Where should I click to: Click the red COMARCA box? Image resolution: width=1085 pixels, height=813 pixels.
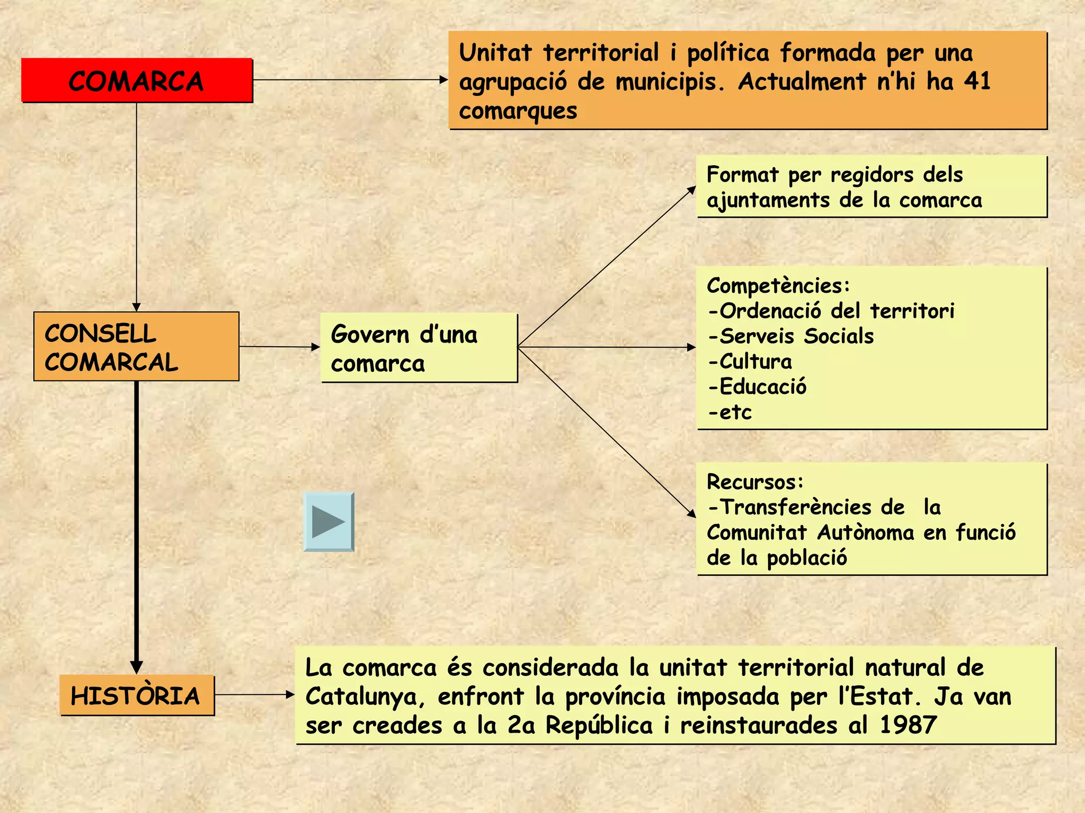[137, 80]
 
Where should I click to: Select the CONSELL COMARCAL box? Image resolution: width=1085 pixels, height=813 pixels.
[136, 347]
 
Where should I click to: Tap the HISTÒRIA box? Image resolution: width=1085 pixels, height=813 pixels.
[137, 695]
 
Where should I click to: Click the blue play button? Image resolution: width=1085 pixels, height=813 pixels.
[328, 522]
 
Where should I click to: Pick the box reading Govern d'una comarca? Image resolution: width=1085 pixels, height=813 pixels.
[419, 348]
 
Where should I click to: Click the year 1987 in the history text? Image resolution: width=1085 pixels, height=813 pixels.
[908, 725]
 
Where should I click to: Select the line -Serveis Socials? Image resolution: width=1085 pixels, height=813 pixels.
[790, 336]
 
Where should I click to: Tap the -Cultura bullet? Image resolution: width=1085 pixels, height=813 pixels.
[750, 362]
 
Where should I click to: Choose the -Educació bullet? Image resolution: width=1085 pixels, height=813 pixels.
[757, 386]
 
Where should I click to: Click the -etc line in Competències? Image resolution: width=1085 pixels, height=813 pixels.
[730, 412]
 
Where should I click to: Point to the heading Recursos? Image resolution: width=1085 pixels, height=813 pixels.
[755, 482]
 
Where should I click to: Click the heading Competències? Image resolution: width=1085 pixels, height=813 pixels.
[778, 285]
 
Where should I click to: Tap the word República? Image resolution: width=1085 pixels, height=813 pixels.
[599, 725]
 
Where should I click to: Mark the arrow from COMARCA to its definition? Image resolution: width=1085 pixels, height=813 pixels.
[350, 80]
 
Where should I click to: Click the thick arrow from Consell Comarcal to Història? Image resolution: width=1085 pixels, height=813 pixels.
[137, 524]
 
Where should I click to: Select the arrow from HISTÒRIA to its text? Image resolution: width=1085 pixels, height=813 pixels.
[254, 694]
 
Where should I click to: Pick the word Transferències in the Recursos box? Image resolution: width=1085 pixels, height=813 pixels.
[796, 507]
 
